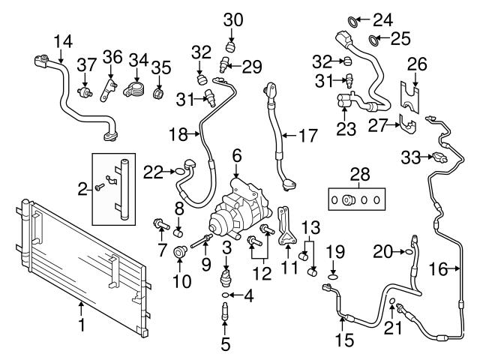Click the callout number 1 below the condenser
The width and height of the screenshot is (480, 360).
pos(82,325)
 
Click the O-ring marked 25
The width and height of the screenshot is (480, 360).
pos(373,37)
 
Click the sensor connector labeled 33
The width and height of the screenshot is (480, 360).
pos(439,157)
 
